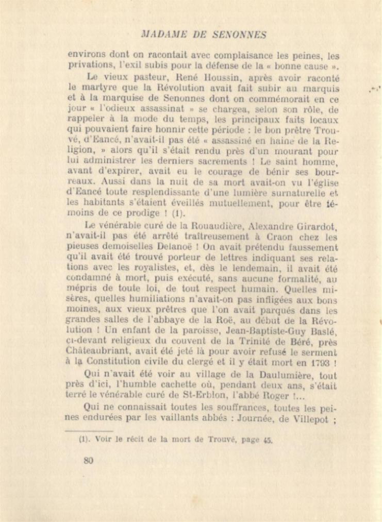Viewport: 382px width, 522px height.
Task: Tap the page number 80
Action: point(88,461)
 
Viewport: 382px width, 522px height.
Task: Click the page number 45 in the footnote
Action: point(266,440)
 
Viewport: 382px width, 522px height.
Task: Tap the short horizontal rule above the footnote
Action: point(95,429)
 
